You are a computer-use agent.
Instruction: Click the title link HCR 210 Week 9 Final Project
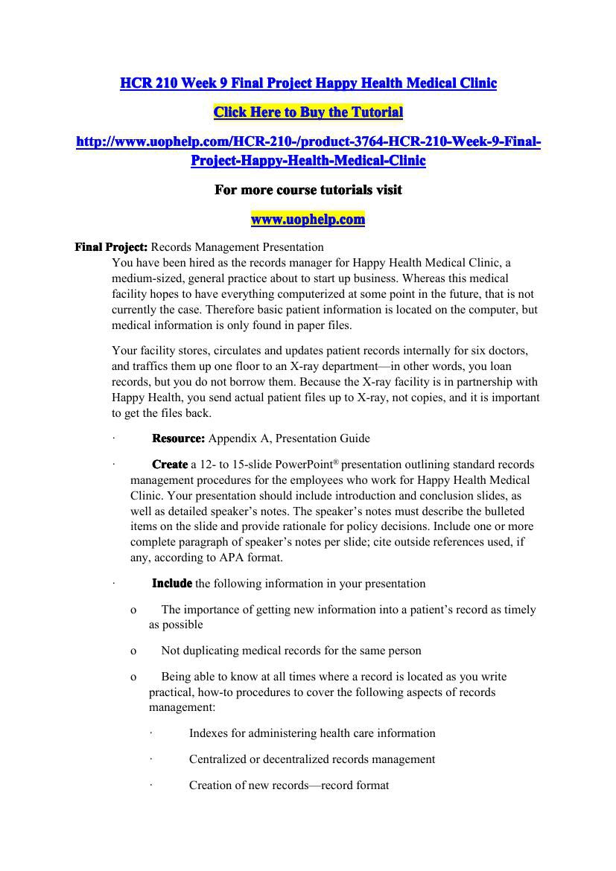click(x=308, y=83)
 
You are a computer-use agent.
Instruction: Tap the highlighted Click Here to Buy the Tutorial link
click(x=308, y=112)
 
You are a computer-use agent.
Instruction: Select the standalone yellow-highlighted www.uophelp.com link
click(x=308, y=219)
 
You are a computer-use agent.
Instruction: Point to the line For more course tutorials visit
click(x=308, y=190)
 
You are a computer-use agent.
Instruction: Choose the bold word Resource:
click(x=178, y=438)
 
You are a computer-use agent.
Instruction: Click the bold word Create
click(x=169, y=465)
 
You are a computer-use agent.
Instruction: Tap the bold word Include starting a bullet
click(x=171, y=584)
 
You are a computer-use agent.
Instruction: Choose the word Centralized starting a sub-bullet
click(x=220, y=759)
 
